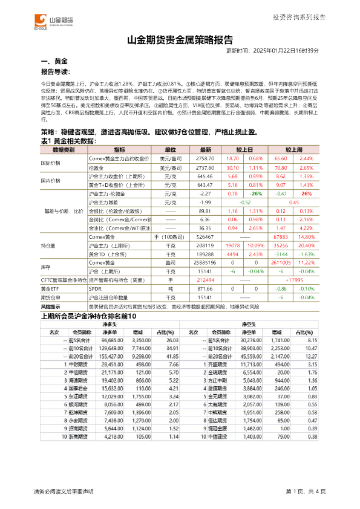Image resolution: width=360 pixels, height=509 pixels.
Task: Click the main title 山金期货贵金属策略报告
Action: [180, 41]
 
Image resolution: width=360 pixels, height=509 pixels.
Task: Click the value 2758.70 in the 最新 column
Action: [206, 158]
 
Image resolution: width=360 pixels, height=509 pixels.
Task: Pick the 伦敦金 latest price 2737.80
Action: [206, 167]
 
